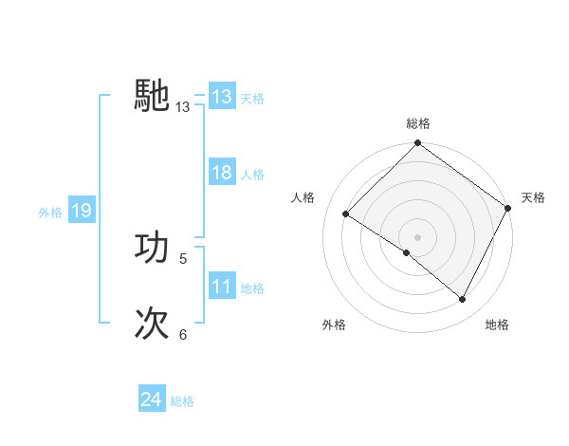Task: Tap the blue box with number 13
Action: (221, 97)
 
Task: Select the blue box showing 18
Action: (221, 173)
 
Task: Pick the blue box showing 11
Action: (221, 287)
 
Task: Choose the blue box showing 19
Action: (81, 211)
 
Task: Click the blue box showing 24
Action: (151, 400)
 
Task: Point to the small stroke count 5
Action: (183, 258)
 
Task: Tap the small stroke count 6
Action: (183, 334)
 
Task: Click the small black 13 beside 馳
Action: (183, 107)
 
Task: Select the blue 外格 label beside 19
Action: (50, 213)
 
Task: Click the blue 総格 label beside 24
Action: (182, 402)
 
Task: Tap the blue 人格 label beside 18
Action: (252, 175)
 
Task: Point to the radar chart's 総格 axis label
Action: (417, 123)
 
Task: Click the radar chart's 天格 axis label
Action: (533, 197)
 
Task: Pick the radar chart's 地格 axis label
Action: (497, 325)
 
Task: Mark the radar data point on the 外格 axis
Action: (406, 252)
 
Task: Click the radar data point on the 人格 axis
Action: (346, 214)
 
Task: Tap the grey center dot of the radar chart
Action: (417, 237)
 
